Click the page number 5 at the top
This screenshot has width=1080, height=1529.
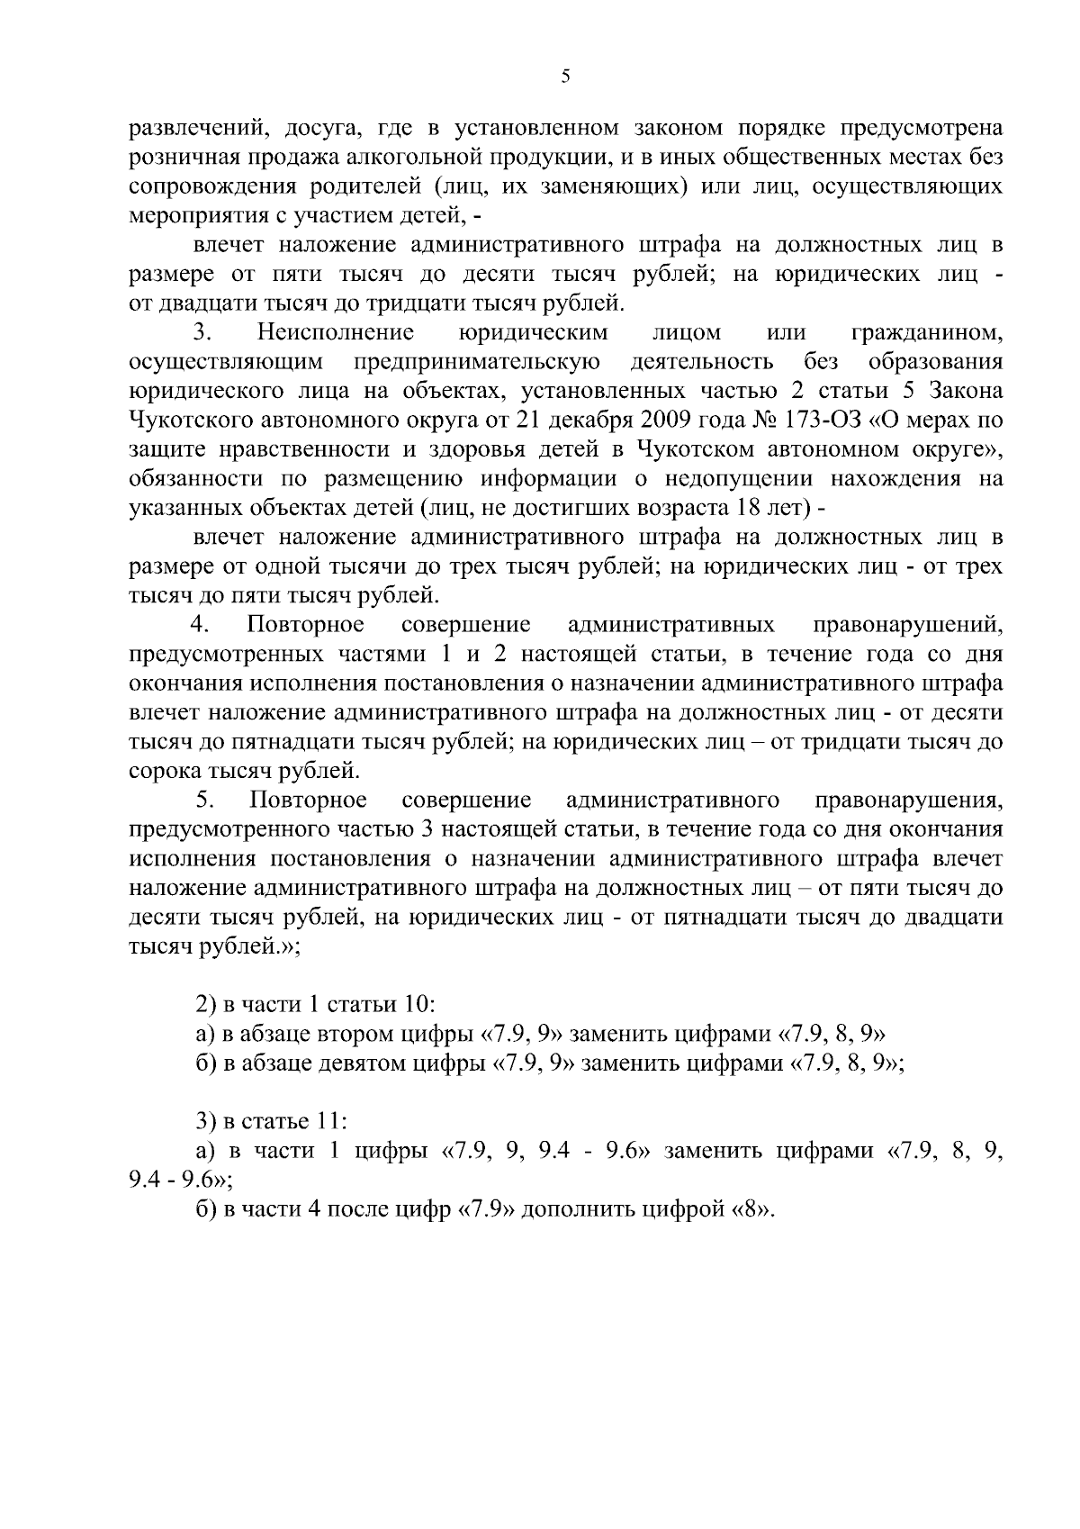565,77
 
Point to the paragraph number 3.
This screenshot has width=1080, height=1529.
202,332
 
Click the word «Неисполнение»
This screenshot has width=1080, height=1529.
335,332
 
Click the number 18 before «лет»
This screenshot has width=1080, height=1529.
750,508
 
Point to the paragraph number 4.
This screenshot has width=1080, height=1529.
199,624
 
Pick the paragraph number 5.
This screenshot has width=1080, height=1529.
202,801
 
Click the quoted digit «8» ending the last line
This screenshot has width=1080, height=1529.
751,1208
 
